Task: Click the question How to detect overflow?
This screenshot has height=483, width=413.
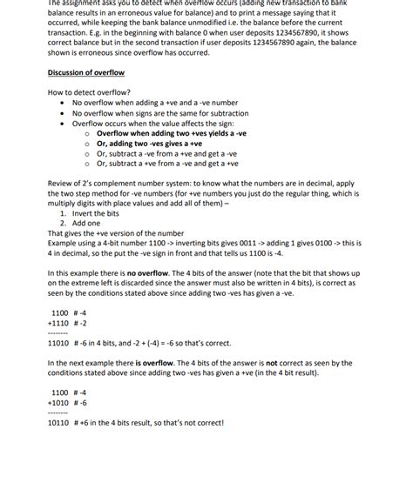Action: [89, 91]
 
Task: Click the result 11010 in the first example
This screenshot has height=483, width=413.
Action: [61, 344]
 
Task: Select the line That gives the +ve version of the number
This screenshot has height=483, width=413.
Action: [115, 233]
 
